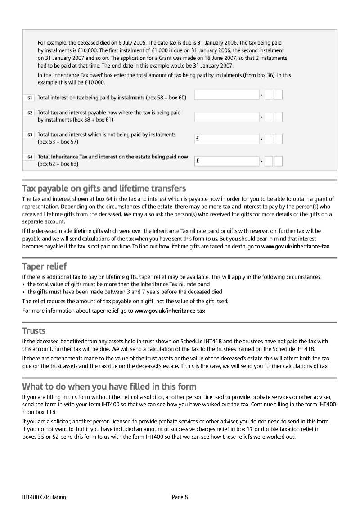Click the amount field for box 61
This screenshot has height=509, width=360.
click(x=227, y=95)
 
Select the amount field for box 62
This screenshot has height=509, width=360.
click(x=227, y=117)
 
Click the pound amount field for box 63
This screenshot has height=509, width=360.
click(x=227, y=139)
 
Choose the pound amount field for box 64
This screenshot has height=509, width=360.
click(x=227, y=161)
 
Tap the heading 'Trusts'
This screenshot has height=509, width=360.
click(x=34, y=331)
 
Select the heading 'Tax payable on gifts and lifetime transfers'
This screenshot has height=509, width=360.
click(x=104, y=188)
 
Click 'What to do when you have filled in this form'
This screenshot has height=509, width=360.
click(x=109, y=387)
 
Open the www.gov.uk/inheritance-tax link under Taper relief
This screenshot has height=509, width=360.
click(x=170, y=311)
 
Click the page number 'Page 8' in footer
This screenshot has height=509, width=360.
click(x=180, y=497)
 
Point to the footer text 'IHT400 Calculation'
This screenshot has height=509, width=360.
click(x=44, y=497)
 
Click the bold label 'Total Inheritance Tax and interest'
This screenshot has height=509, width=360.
click(x=112, y=157)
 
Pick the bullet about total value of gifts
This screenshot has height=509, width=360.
click(x=118, y=284)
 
